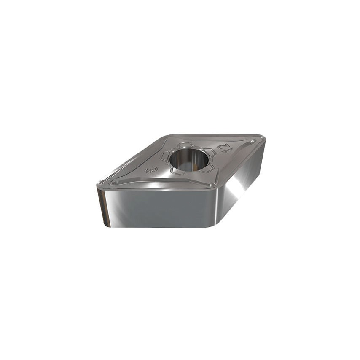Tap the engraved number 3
(x=151, y=169)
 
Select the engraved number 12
(x=223, y=147)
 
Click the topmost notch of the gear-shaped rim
(x=185, y=145)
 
